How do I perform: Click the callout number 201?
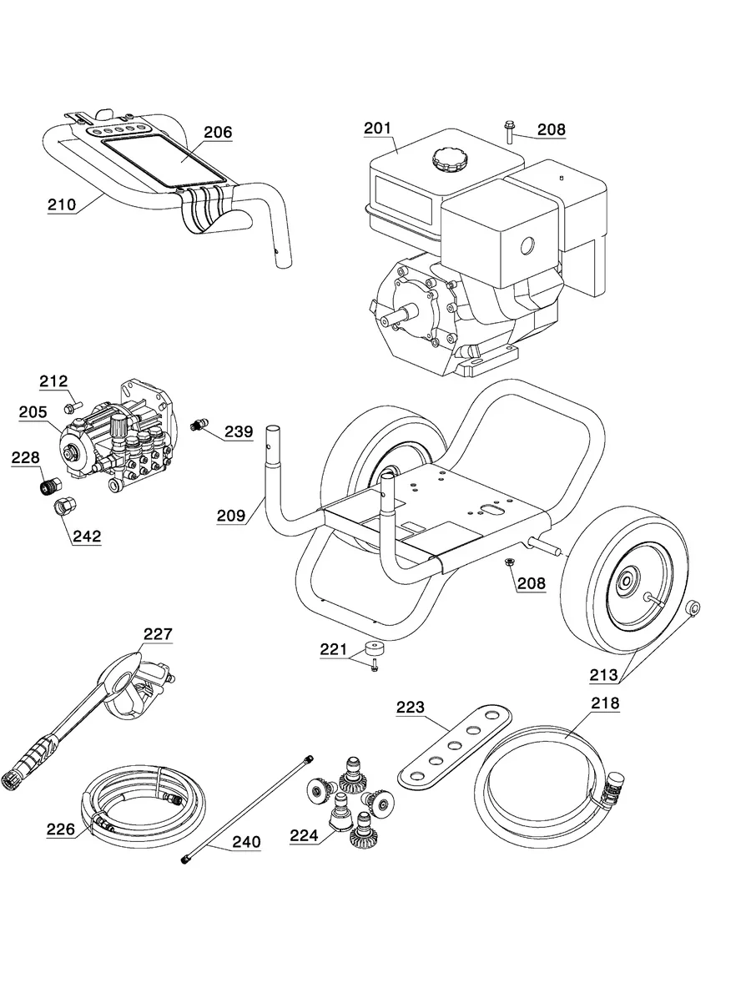coord(377,129)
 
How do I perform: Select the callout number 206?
coord(218,133)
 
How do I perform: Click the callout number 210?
coord(62,204)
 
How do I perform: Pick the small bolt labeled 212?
coord(69,406)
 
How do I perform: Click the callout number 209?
coord(232,516)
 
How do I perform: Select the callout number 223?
coord(410,708)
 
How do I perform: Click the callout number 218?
coord(605,703)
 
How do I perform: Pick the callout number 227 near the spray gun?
coord(157,635)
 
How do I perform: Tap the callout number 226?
coord(61,829)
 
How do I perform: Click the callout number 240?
coord(245,843)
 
